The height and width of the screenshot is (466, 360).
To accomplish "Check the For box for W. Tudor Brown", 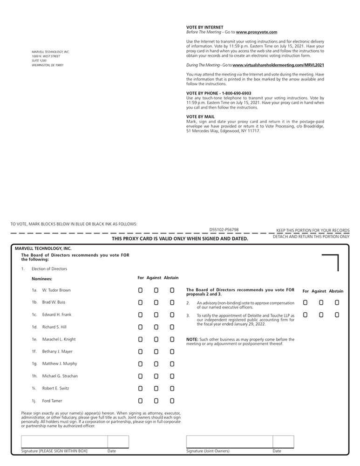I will pyautogui.click(x=140, y=290).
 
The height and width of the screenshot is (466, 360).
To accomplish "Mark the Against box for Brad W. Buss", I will pyautogui.click(x=156, y=302).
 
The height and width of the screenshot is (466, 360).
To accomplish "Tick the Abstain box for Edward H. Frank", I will pyautogui.click(x=172, y=315).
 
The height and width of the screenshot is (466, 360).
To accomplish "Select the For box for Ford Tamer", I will pyautogui.click(x=140, y=401).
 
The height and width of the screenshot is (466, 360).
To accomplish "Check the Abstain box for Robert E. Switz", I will pyautogui.click(x=172, y=388).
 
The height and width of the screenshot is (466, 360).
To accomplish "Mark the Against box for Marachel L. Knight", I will pyautogui.click(x=156, y=339).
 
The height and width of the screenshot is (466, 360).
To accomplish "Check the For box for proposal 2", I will pyautogui.click(x=305, y=302).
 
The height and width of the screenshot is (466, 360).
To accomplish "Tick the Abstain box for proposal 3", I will pyautogui.click(x=337, y=315).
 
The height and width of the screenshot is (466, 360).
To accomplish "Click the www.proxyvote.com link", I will pyautogui.click(x=257, y=32).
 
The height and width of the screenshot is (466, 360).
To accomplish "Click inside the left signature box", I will pyautogui.click(x=64, y=442).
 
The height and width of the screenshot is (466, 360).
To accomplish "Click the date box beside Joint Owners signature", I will pyautogui.click(x=283, y=442).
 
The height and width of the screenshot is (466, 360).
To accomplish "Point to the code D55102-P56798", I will pyautogui.click(x=224, y=230).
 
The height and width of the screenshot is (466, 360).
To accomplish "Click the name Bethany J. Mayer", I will pyautogui.click(x=57, y=351).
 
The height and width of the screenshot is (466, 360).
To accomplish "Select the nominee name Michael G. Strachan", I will pyautogui.click(x=60, y=376).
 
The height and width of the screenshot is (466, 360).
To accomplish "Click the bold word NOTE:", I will pyautogui.click(x=192, y=339).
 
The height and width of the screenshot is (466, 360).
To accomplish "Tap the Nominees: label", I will pyautogui.click(x=42, y=279).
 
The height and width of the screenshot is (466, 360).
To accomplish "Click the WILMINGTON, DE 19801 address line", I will pyautogui.click(x=48, y=65).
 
